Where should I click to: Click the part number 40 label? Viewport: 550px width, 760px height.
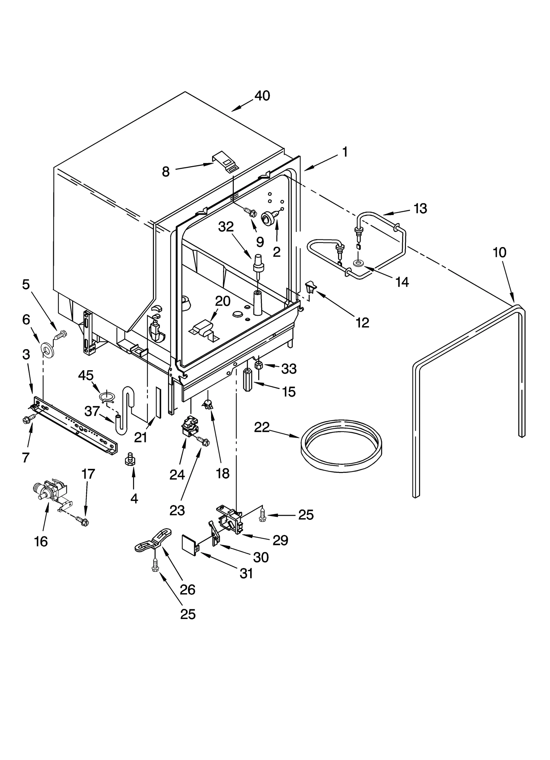pyautogui.click(x=262, y=96)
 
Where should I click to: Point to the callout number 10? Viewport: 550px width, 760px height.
pyautogui.click(x=499, y=253)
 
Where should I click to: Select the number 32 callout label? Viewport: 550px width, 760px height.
pyautogui.click(x=226, y=227)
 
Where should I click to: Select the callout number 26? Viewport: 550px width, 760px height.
pyautogui.click(x=187, y=590)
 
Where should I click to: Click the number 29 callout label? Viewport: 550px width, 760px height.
pyautogui.click(x=280, y=540)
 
